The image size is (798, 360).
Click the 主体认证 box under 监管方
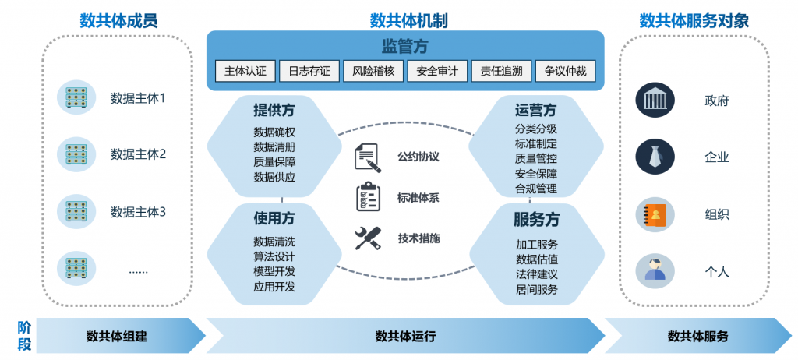pyautogui.click(x=245, y=71)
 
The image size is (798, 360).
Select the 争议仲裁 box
pyautogui.click(x=566, y=71)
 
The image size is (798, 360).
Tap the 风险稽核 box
pyautogui.click(x=373, y=71)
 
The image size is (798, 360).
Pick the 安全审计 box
pyautogui.click(x=437, y=71)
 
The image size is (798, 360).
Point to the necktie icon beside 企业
pyautogui.click(x=655, y=157)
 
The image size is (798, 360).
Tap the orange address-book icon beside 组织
pyautogui.click(x=655, y=214)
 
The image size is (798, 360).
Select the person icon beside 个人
pyautogui.click(x=655, y=270)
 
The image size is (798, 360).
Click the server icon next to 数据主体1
pyautogui.click(x=76, y=97)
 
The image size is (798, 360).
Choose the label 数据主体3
pyautogui.click(x=138, y=211)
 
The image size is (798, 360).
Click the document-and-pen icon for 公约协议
pyautogui.click(x=367, y=157)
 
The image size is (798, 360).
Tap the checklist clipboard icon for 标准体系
pyautogui.click(x=368, y=196)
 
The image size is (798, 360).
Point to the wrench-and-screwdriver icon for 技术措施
pyautogui.click(x=368, y=238)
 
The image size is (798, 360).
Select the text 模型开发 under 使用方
pyautogui.click(x=274, y=270)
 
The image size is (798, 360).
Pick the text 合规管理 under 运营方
pyautogui.click(x=536, y=188)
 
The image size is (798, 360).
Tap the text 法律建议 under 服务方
pyautogui.click(x=536, y=274)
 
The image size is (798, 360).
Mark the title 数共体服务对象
pyautogui.click(x=694, y=21)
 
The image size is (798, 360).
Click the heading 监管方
pyautogui.click(x=404, y=47)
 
